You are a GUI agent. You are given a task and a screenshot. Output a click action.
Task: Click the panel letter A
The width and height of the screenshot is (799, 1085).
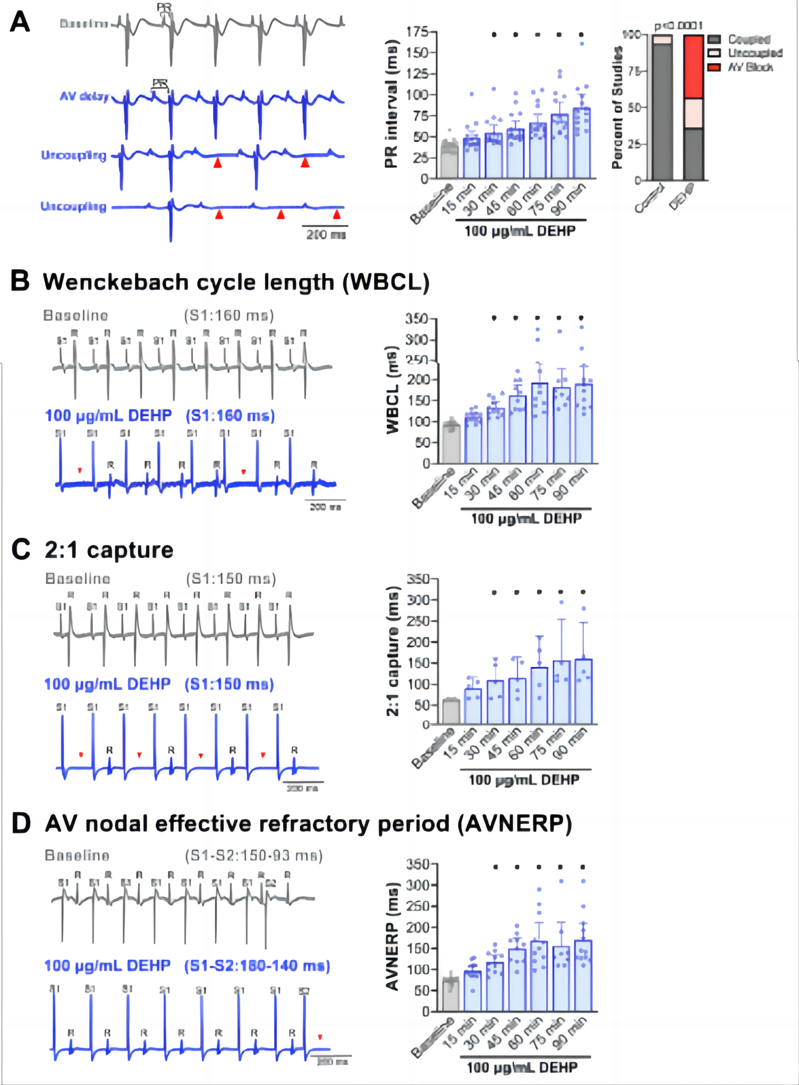point(20,22)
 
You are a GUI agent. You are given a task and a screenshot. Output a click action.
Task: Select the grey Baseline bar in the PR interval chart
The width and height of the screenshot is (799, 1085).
point(449,161)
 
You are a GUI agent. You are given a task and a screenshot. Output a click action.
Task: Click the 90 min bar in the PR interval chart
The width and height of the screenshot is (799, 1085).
point(582,143)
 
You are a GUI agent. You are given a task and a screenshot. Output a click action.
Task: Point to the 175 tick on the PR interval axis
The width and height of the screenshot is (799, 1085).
point(418,32)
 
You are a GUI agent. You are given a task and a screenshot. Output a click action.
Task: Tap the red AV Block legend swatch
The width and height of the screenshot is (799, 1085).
point(714,67)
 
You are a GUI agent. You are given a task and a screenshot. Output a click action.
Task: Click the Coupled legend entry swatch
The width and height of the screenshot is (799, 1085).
point(714,39)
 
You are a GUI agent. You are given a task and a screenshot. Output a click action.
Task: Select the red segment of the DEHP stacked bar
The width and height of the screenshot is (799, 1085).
point(693,67)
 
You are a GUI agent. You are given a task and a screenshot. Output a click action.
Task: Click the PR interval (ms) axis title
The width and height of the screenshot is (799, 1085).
point(391,104)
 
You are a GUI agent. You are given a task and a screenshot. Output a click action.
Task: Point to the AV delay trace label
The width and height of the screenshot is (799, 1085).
point(84,97)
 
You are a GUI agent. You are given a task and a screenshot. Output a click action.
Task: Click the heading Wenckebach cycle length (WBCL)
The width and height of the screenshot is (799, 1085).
point(236,282)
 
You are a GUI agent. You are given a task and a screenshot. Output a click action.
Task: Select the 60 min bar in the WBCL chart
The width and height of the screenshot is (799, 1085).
point(539,423)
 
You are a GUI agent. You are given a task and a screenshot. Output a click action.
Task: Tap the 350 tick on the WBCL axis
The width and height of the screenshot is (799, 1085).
point(417,319)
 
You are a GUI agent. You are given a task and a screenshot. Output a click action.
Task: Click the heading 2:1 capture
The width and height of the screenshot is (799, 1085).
point(109,550)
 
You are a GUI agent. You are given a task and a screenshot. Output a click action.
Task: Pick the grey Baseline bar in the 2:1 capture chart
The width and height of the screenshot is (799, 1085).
point(451,712)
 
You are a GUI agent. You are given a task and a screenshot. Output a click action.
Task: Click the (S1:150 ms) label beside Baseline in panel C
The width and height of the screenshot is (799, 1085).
point(231,579)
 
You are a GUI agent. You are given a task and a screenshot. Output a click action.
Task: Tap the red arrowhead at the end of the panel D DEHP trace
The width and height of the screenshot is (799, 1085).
point(320,1037)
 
